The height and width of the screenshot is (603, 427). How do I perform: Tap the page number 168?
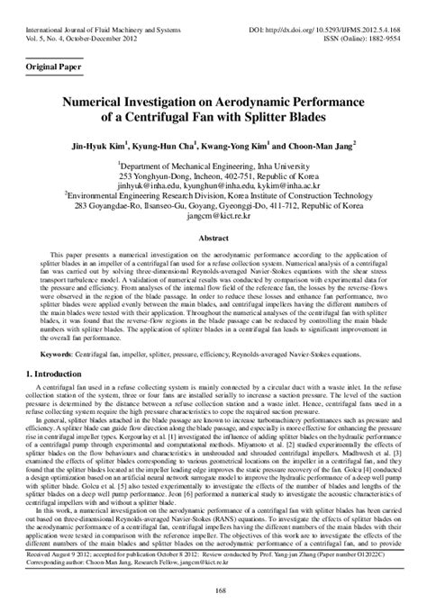point(213,589)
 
